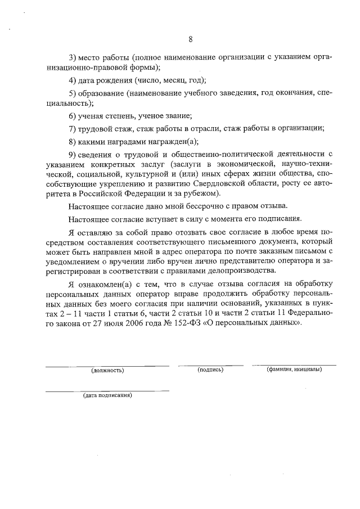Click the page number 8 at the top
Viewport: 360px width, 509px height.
[191, 39]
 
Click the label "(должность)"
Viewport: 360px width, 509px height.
[107, 371]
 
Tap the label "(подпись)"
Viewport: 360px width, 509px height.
[210, 370]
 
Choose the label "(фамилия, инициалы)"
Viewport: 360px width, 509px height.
[294, 370]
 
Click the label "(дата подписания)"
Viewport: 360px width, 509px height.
[107, 395]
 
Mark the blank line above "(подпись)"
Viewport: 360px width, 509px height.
[210, 366]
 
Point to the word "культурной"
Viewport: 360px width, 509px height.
[148, 174]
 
